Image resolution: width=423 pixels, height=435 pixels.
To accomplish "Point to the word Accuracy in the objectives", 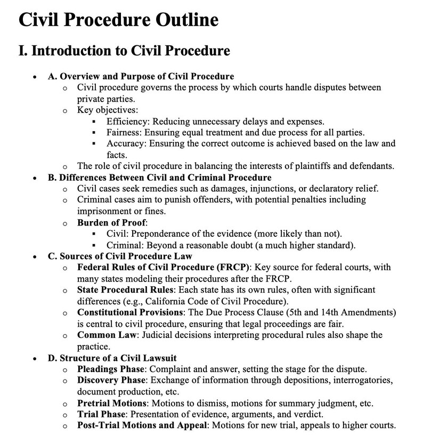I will tap(126, 144).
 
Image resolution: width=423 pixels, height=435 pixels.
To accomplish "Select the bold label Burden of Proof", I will tap(112, 222).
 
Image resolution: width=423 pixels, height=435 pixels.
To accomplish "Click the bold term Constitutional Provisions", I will tap(131, 312).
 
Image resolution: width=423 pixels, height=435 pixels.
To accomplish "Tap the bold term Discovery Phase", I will tap(112, 380).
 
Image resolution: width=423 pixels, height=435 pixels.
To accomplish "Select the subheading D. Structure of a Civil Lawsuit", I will tap(112, 358).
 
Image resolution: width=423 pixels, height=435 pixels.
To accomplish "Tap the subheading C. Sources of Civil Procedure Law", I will tap(116, 256).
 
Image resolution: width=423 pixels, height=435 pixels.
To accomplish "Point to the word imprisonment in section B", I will tap(104, 211).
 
